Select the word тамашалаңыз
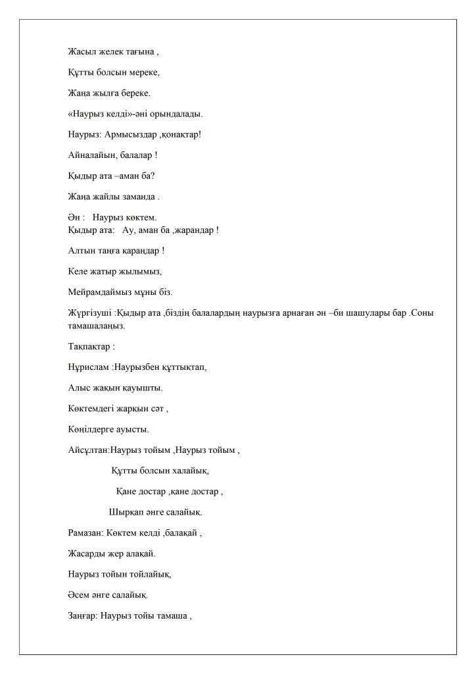point(95,325)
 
